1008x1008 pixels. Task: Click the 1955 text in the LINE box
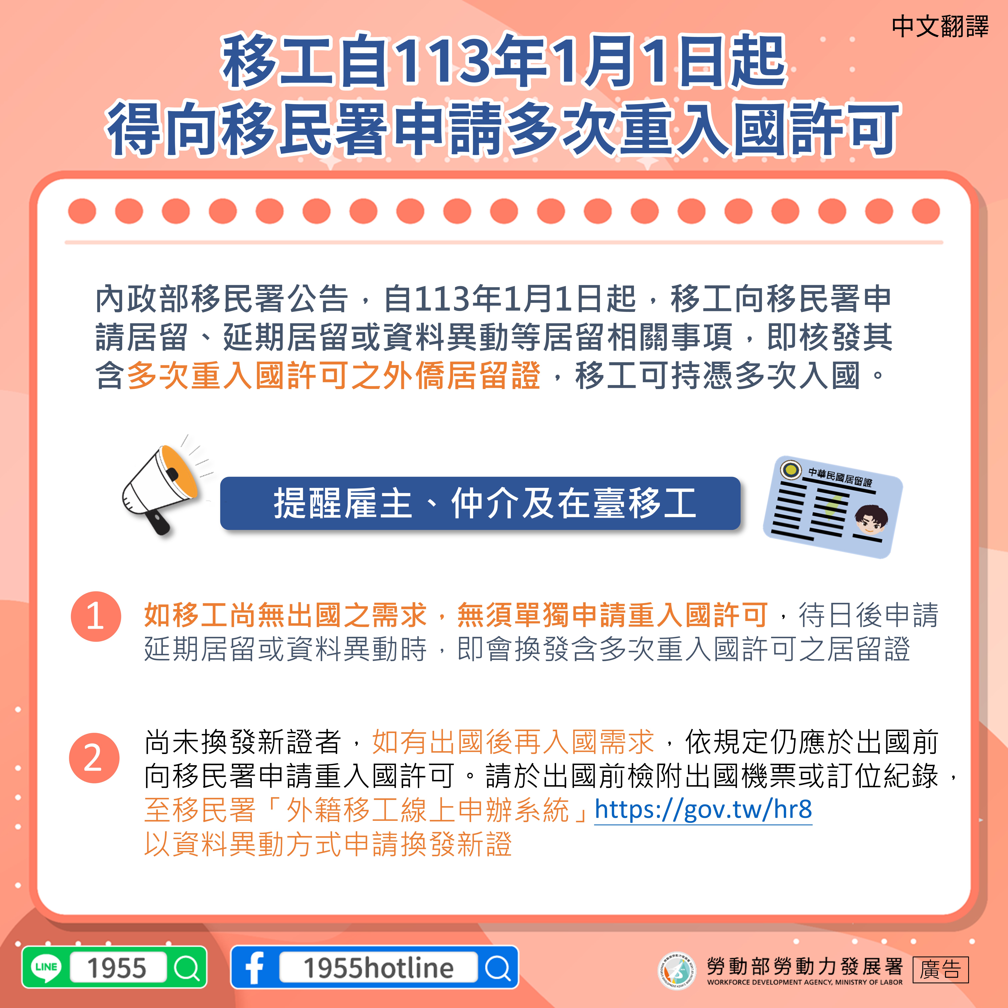(117, 968)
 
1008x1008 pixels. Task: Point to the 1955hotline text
(378, 968)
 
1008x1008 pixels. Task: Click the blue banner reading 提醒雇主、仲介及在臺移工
(480, 503)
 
